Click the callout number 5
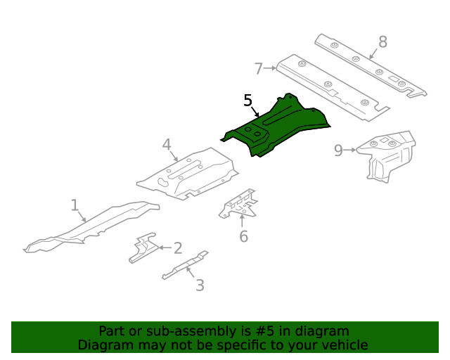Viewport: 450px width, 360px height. [247, 101]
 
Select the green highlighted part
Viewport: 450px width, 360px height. [276, 127]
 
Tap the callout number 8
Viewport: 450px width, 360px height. [382, 42]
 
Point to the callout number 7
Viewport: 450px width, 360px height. [259, 69]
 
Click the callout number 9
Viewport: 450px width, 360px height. [338, 150]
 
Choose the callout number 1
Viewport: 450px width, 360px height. [75, 205]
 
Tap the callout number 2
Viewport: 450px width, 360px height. [178, 248]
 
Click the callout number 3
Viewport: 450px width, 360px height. [200, 285]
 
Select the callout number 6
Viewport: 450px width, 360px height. [244, 236]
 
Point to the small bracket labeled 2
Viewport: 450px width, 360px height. [143, 247]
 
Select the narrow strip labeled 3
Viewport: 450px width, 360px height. [186, 265]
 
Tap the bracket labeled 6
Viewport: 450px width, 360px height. [238, 204]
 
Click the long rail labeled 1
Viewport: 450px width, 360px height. [91, 227]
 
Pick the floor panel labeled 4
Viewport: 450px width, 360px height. [188, 174]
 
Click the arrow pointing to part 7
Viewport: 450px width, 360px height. [270, 68]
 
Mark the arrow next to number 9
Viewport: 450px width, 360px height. [350, 150]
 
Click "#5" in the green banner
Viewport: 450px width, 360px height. [264, 331]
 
